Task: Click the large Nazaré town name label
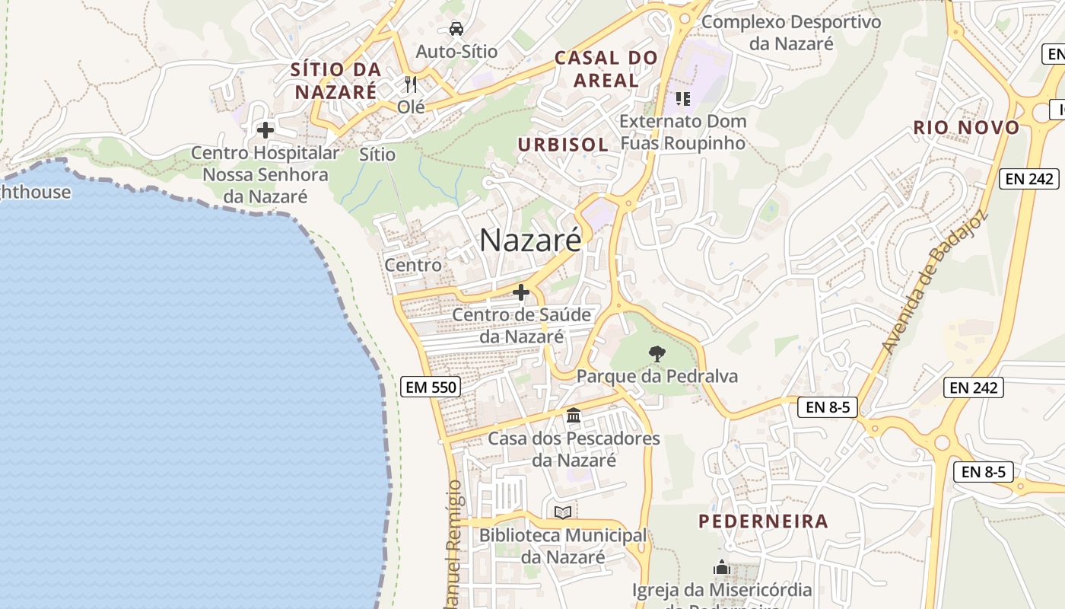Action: [530, 240]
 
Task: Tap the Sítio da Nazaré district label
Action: [335, 81]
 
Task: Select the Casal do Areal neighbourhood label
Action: [606, 69]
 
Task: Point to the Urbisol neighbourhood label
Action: [563, 145]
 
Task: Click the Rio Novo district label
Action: [966, 128]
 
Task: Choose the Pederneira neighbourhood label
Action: [763, 521]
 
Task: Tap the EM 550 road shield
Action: [431, 387]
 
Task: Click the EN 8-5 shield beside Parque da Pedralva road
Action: [828, 407]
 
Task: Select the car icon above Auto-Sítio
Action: [456, 29]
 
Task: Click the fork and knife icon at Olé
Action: [411, 84]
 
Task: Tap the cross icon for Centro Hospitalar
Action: [265, 130]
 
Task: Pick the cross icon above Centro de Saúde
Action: [521, 292]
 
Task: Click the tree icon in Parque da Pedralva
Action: [656, 353]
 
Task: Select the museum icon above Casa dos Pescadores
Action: [574, 416]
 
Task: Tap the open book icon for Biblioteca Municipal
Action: [563, 512]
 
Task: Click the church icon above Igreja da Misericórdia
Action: [721, 567]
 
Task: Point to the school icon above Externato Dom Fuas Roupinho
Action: [682, 98]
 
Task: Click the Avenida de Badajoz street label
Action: [935, 282]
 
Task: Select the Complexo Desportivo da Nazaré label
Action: [791, 32]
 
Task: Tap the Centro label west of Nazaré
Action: [413, 265]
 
